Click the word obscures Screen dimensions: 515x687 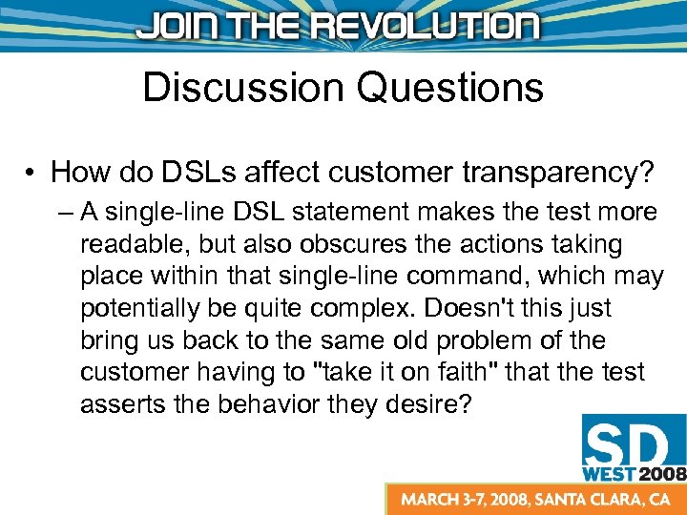click(356, 244)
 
